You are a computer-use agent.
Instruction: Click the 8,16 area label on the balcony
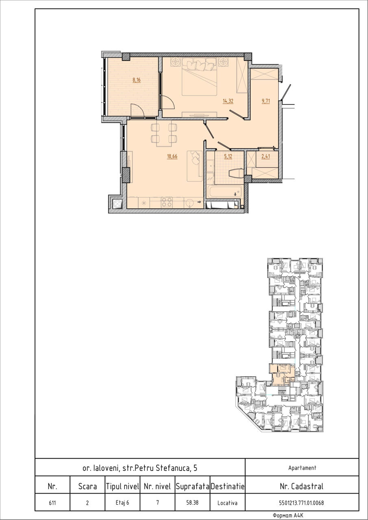coord(137,80)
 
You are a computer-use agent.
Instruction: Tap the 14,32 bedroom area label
coord(228,101)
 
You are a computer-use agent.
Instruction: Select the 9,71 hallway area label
coord(266,101)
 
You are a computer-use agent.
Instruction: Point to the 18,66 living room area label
coord(172,156)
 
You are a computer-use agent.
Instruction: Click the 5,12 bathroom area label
coord(228,156)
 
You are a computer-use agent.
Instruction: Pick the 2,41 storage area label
coord(266,156)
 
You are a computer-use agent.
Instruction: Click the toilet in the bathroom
coord(236,173)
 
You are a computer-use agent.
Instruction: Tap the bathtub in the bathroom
coord(224,191)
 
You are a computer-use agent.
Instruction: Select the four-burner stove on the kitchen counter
coord(167,202)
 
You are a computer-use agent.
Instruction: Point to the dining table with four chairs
coord(164,133)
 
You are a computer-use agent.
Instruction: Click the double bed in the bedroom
coord(199,77)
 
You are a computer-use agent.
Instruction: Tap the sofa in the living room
coord(195,166)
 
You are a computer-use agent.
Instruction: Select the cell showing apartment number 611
coord(52,503)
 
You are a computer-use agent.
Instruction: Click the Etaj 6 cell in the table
coord(122,503)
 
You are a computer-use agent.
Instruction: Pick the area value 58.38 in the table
coord(192,503)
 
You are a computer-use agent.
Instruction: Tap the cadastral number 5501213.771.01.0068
coord(301,503)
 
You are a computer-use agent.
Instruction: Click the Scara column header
coord(87,486)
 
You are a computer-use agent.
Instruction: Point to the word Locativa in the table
coord(227,503)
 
